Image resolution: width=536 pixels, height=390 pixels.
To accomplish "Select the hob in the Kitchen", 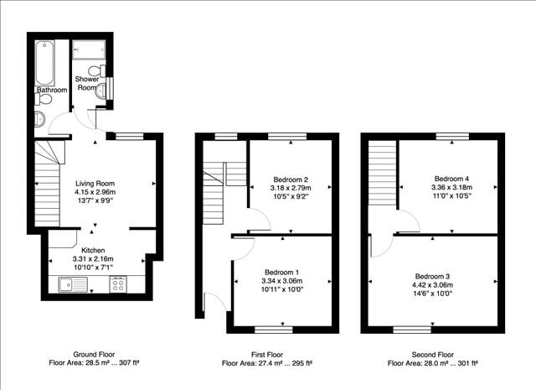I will (119, 285).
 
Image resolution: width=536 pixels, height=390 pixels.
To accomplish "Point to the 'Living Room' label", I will (95, 183).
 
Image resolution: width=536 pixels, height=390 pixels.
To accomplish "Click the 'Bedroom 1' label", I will (283, 273).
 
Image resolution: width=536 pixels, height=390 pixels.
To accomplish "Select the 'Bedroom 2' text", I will (291, 179).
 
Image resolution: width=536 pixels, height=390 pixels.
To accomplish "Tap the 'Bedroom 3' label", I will (431, 276).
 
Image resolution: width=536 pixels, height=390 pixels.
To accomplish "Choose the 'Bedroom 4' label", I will (453, 179).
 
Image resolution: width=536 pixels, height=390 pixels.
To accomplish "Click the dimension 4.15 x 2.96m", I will (95, 192).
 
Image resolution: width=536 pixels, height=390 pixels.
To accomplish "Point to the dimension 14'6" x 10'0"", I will (431, 294).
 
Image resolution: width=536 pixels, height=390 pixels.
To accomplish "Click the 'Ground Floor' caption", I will (95, 355).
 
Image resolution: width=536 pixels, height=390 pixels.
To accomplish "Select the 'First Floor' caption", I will (267, 355).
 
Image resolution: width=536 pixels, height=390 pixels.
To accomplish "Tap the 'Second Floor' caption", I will (432, 355).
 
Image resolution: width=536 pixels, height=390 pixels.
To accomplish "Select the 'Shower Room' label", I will (88, 84).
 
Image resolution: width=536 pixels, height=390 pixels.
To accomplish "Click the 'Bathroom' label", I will (52, 90).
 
